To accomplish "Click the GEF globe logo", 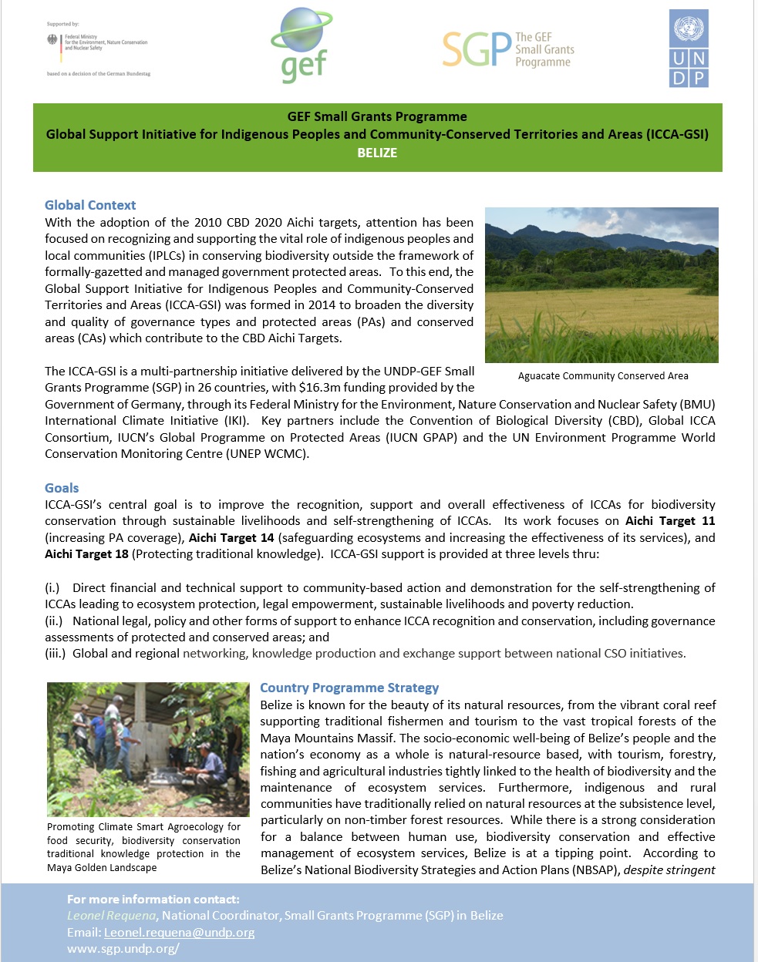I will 302,45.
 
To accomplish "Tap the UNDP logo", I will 688,48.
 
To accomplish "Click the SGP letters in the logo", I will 477,50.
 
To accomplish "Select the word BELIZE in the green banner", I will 377,153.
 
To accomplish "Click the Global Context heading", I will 90,205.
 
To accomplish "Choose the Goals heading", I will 62,488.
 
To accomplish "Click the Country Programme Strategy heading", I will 349,688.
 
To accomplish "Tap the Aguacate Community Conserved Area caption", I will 603,376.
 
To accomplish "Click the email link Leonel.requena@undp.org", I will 179,932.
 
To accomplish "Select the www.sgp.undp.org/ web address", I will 123,948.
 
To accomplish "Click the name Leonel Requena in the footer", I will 112,915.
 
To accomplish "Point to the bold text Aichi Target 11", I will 670,521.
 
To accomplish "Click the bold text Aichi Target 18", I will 86,554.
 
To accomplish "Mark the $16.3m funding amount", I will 318,388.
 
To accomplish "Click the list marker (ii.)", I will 54,621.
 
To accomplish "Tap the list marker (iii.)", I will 55,654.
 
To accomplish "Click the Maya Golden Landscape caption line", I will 102,868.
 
